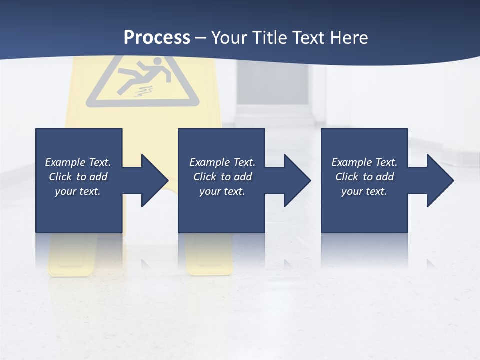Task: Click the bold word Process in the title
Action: (x=157, y=38)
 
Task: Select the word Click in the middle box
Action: (x=205, y=177)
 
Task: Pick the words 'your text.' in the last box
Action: (x=364, y=191)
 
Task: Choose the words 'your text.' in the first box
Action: (x=77, y=191)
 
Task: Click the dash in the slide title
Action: (x=200, y=38)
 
